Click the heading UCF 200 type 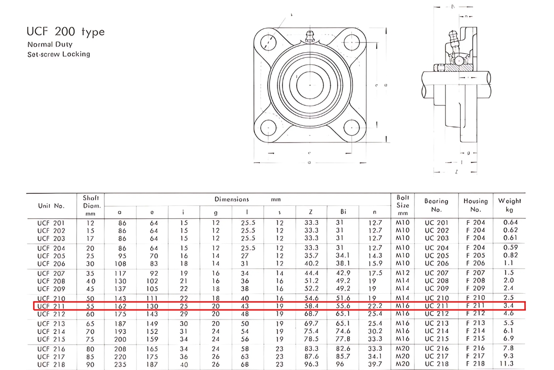(66, 32)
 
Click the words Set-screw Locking (59, 54)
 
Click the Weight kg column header (509, 205)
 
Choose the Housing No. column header (476, 205)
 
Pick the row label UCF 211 (51, 306)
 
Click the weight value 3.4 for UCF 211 (508, 306)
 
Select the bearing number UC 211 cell (436, 306)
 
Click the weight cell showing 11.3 (508, 364)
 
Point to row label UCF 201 (51, 222)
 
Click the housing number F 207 (476, 273)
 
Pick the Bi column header (343, 212)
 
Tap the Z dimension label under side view (456, 172)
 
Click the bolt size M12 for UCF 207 (403, 273)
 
